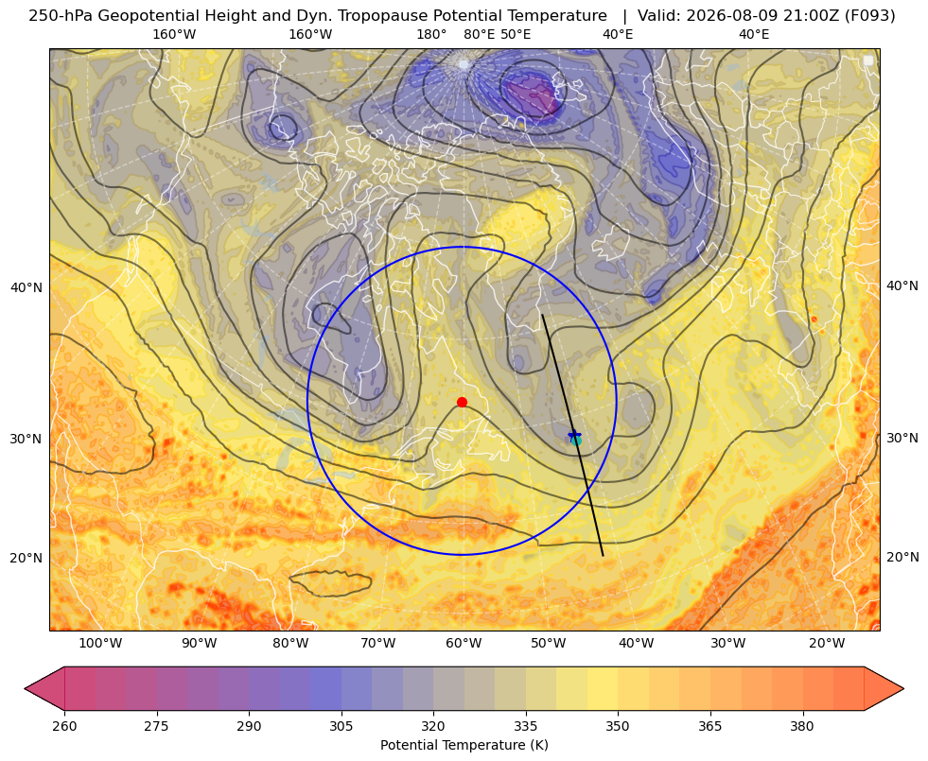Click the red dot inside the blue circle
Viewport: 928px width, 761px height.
click(x=463, y=402)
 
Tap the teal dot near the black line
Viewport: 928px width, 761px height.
click(x=576, y=441)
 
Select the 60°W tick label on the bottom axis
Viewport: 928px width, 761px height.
click(x=464, y=643)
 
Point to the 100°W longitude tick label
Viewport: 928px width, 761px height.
click(x=100, y=643)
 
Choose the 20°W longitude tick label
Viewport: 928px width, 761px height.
click(x=827, y=643)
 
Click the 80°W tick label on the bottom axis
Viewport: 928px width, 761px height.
click(x=290, y=643)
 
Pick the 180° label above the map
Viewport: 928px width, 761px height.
click(x=431, y=34)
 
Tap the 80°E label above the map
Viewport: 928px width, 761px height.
click(x=480, y=34)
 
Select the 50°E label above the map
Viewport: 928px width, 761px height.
click(x=516, y=34)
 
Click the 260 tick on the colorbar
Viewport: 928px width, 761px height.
click(x=64, y=726)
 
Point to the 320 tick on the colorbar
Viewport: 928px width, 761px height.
click(x=433, y=726)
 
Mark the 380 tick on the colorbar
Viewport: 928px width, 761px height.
click(x=802, y=726)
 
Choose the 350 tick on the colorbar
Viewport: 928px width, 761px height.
click(x=618, y=726)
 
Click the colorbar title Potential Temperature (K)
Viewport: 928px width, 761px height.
click(x=464, y=745)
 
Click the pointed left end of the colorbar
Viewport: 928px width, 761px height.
click(x=25, y=688)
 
